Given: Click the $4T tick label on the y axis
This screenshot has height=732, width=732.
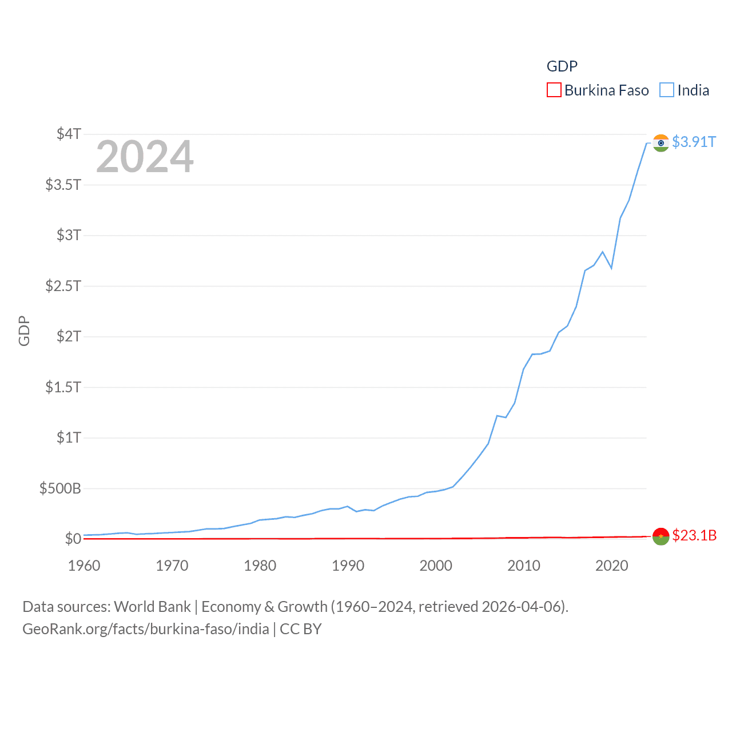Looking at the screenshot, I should coord(69,134).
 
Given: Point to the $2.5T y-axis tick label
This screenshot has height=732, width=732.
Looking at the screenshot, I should coord(63,285).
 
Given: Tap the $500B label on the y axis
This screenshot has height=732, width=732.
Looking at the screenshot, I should coord(60,488).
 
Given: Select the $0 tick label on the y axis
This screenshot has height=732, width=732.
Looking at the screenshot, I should coord(73,539).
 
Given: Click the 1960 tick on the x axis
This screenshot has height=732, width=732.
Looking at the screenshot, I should coord(84,566).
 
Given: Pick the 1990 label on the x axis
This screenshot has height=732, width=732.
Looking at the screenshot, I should coord(348,566).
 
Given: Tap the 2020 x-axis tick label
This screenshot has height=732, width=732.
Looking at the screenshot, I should coord(611,566).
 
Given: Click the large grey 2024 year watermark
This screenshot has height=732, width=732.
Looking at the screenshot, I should coord(145,157).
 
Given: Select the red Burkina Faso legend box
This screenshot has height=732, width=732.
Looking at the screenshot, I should coord(554,90).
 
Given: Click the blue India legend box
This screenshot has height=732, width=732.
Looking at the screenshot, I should coord(667,90).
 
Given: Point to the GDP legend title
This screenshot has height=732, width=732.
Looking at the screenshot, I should coord(562,66).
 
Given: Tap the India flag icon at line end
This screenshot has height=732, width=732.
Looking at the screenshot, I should coord(661,143).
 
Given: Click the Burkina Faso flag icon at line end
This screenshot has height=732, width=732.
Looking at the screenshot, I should coord(661,536).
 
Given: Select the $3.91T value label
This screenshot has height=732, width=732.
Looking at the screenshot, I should coord(694,142).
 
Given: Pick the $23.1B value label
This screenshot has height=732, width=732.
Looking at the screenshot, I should coord(694,535).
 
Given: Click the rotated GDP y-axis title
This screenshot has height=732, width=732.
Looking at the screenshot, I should coord(24,331).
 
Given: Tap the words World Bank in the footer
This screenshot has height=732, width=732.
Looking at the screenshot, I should coord(152,606).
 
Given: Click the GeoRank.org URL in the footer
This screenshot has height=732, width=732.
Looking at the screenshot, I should coord(146,629).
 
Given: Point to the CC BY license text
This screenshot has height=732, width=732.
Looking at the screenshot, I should coord(301,629).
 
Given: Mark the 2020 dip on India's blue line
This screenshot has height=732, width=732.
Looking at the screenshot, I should coord(611,268).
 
